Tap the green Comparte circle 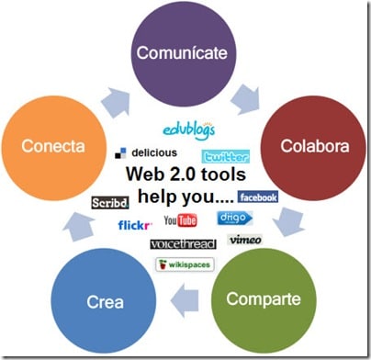coord(264,299)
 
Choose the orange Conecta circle coord(53,146)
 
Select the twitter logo coord(226,156)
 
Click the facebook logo coord(258,197)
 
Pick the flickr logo coord(134,225)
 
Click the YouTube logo coord(181,220)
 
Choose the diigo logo coord(234,219)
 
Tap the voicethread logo coord(183,244)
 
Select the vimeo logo coord(245,240)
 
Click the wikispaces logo coord(186,264)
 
